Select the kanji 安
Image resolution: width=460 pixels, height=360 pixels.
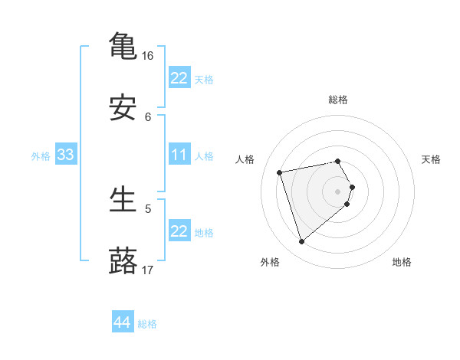coord(123,109)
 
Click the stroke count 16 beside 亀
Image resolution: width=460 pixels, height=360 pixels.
coord(148,56)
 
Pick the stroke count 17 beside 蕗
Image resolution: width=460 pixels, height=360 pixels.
coord(148,270)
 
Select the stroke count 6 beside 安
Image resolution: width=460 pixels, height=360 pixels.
coord(148,116)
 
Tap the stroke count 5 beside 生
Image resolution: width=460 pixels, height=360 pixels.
coord(148,208)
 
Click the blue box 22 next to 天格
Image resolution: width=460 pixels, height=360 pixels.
coord(179,78)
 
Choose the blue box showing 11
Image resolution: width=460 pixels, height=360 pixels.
coord(179,155)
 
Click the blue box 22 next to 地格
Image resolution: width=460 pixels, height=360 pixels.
coord(179,231)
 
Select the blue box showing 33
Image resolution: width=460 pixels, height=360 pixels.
coord(65,155)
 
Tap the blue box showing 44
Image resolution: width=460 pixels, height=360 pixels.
coord(122,322)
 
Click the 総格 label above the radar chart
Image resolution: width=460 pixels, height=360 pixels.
coord(338,100)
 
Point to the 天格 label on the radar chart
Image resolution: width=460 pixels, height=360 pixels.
coord(431,159)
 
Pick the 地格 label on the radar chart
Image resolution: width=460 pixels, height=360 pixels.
coord(402,262)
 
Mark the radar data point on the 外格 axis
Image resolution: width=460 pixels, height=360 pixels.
coord(301,242)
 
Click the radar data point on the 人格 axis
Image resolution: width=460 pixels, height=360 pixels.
coord(280,172)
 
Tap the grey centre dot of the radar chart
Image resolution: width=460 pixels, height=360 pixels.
coord(337,191)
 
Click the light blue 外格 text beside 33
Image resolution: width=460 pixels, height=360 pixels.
coord(41,156)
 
